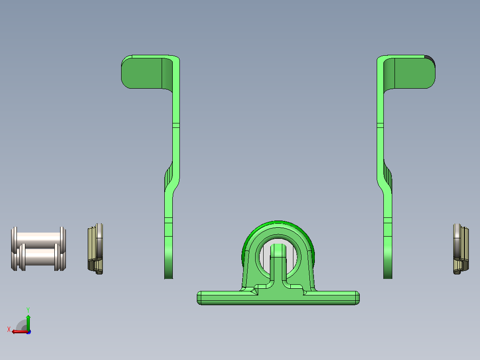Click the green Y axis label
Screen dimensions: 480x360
28,310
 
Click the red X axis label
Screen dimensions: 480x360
9,329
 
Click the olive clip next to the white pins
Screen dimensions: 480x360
95,249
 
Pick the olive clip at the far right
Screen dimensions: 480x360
461,249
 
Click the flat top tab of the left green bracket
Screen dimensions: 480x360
142,73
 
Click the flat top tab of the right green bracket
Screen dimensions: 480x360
415,73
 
